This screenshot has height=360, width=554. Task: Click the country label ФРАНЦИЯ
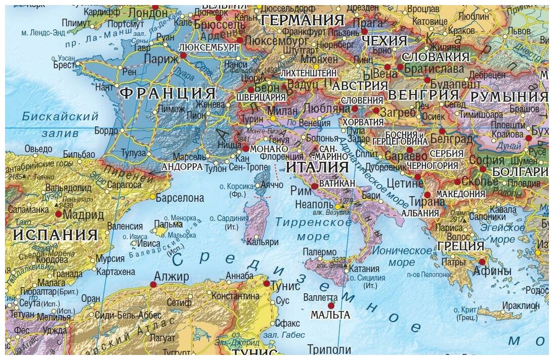click(167, 94)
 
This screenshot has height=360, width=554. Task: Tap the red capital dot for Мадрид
click(59, 214)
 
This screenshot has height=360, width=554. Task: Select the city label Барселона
click(180, 198)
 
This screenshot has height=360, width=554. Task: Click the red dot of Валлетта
click(331, 305)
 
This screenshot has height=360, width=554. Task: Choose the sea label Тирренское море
click(314, 229)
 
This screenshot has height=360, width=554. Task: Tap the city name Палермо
click(319, 252)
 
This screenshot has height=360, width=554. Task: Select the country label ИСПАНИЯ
click(55, 235)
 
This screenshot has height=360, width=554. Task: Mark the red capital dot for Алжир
click(153, 285)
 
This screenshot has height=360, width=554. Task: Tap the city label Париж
click(161, 59)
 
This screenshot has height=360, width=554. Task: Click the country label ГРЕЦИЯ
click(460, 246)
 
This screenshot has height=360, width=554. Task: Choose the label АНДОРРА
click(182, 166)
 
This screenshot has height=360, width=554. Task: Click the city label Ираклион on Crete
click(521, 305)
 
